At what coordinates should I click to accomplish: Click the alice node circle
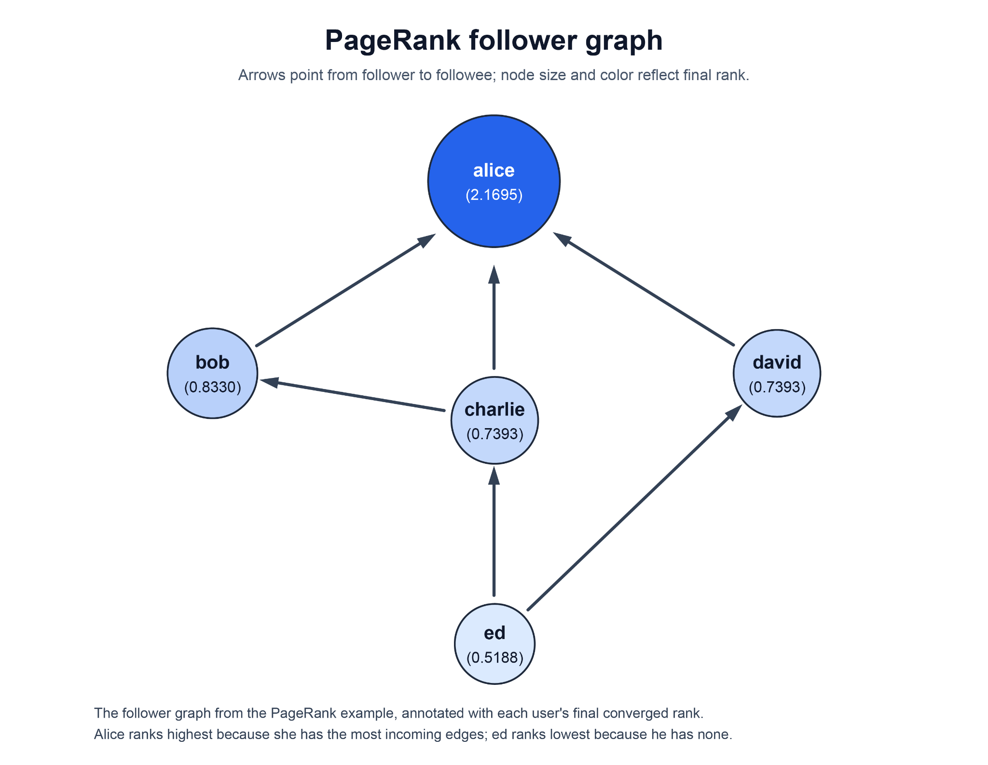point(494,181)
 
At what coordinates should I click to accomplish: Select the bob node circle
point(212,373)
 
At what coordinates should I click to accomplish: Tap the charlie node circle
point(494,420)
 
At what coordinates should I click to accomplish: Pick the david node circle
point(777,373)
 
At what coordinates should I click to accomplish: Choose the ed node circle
point(494,644)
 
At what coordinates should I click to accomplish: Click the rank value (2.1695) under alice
point(494,195)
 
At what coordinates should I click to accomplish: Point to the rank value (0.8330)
point(213,387)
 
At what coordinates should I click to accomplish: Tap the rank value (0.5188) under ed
point(495,657)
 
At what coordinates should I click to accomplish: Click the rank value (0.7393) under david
point(777,387)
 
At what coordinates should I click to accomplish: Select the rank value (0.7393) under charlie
point(495,434)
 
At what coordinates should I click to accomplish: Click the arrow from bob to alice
point(346,290)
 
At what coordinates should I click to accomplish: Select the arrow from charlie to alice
point(494,317)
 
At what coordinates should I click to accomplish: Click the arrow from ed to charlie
point(494,531)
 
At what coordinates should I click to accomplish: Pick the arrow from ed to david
point(635,507)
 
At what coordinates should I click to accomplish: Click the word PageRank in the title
point(393,41)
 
